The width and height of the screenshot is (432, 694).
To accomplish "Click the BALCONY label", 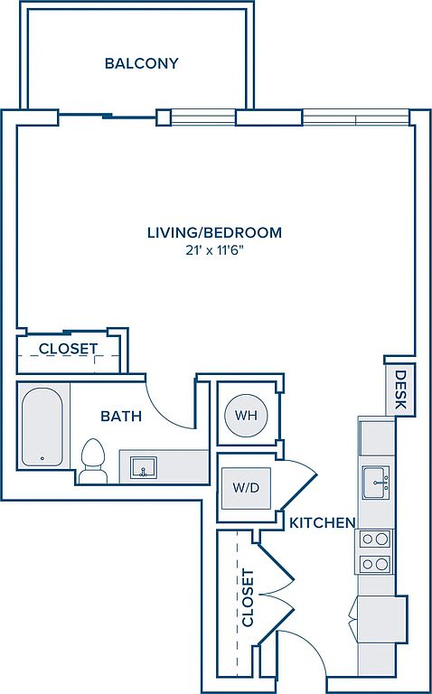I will (x=141, y=63).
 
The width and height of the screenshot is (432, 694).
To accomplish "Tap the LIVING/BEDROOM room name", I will (x=214, y=232).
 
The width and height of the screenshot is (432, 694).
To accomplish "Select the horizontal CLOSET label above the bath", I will (x=68, y=349).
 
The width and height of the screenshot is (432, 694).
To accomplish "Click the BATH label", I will (x=120, y=417).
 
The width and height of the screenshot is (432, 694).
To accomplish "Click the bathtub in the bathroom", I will (x=42, y=427).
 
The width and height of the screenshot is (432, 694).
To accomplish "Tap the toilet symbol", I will (x=93, y=459).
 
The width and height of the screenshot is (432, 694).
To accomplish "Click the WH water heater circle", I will (x=245, y=416).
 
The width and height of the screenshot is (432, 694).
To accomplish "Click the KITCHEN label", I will (x=321, y=522).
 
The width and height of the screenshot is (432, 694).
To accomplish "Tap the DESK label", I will (x=400, y=389).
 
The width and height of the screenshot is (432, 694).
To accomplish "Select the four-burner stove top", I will (x=374, y=551).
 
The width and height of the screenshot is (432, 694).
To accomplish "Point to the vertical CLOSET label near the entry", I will (x=249, y=598).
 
